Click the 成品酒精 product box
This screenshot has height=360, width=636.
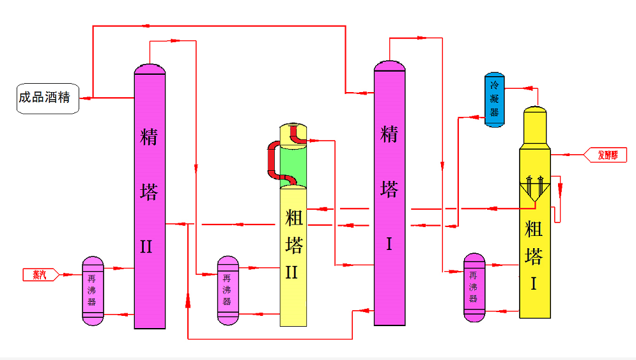pyautogui.click(x=48, y=98)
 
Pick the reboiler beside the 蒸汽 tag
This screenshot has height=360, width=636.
pyautogui.click(x=93, y=290)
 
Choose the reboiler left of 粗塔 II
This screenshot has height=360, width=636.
pyautogui.click(x=228, y=290)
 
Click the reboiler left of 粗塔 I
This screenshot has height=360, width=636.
pyautogui.click(x=474, y=287)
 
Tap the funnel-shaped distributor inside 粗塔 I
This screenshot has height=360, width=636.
pyautogui.click(x=536, y=190)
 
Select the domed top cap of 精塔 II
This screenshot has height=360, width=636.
pyautogui.click(x=150, y=68)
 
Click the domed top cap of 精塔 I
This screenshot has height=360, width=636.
pyautogui.click(x=390, y=66)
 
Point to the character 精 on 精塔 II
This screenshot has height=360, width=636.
pyautogui.click(x=149, y=137)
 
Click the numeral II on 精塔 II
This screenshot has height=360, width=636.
pyautogui.click(x=147, y=247)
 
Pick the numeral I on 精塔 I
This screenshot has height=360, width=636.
pyautogui.click(x=389, y=244)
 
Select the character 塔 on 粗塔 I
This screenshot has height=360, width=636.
pyautogui.click(x=534, y=256)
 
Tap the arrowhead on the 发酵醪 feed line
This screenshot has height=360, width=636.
pyautogui.click(x=564, y=155)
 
